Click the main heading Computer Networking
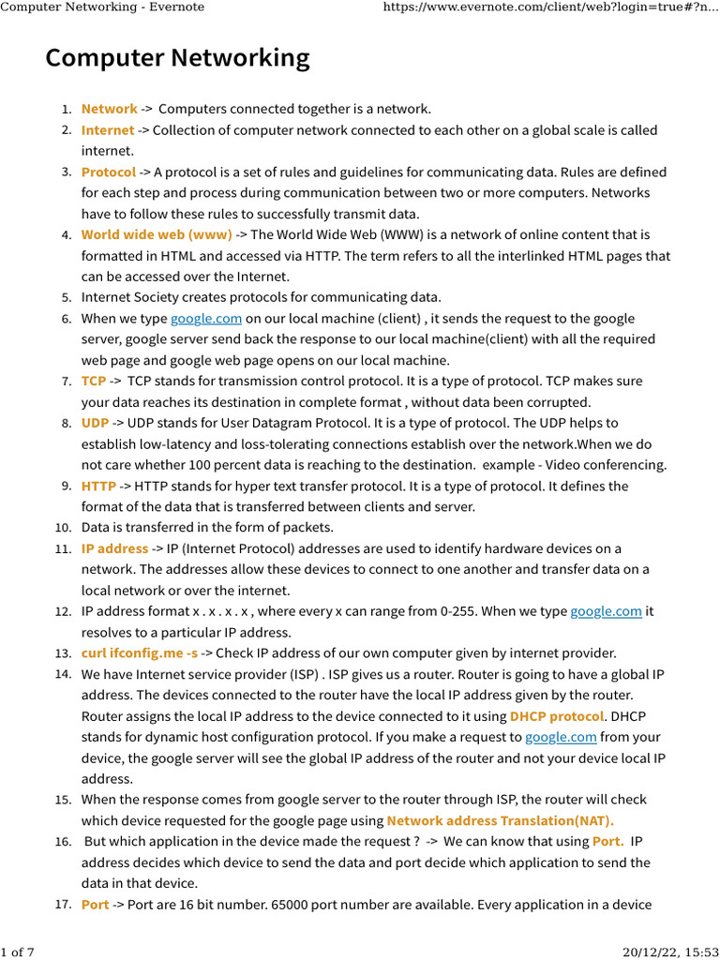click(x=177, y=58)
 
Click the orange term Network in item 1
click(x=109, y=110)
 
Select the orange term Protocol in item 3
click(x=108, y=172)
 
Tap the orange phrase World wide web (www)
click(x=157, y=234)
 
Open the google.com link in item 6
click(x=206, y=319)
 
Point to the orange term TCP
click(x=94, y=382)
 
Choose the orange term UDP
click(x=95, y=423)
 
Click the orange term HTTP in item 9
click(x=98, y=486)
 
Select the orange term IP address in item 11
click(x=114, y=548)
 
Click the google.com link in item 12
click(x=607, y=611)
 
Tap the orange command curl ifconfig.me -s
click(x=140, y=653)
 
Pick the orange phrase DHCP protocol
click(x=557, y=716)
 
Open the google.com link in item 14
click(x=561, y=737)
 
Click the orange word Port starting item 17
click(x=95, y=905)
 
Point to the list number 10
click(x=63, y=528)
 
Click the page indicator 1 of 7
click(x=18, y=952)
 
